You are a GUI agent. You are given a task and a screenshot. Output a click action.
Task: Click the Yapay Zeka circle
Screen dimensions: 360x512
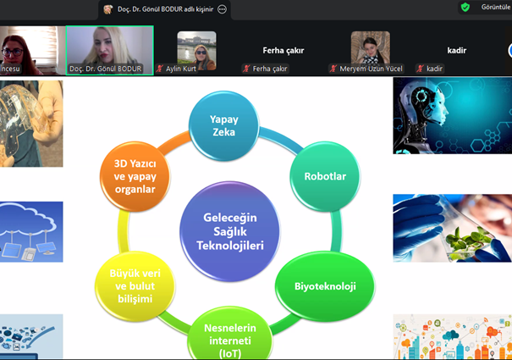click(x=223, y=126)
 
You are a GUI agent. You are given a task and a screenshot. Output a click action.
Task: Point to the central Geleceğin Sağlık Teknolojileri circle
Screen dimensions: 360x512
click(x=229, y=230)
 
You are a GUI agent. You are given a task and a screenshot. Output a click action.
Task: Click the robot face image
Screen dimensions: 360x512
click(x=451, y=115)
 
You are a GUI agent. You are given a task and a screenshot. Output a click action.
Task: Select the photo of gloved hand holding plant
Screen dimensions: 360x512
click(x=451, y=227)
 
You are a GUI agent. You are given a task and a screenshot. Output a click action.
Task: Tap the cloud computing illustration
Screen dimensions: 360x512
click(x=31, y=231)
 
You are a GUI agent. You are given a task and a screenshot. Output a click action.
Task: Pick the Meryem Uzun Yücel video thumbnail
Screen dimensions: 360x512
click(x=371, y=49)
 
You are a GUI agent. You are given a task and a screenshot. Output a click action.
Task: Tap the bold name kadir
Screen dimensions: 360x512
click(x=457, y=51)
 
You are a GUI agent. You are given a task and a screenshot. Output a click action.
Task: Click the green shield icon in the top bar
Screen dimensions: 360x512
click(x=465, y=7)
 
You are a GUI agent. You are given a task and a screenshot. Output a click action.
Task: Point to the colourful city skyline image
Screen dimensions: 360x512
click(x=452, y=337)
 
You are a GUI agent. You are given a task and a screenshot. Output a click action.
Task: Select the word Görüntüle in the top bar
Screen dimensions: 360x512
click(x=494, y=8)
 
